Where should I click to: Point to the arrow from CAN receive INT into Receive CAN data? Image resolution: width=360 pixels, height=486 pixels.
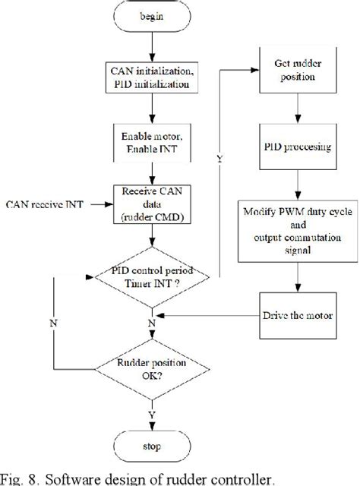tap(103, 204)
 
